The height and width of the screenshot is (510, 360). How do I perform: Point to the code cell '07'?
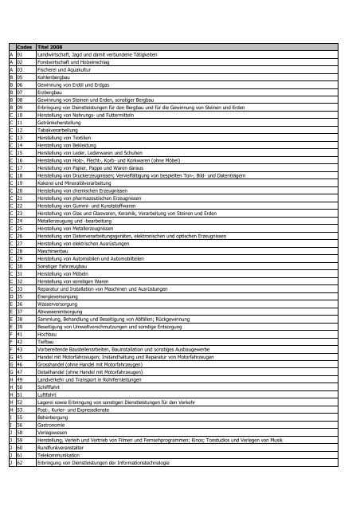click(22, 97)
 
